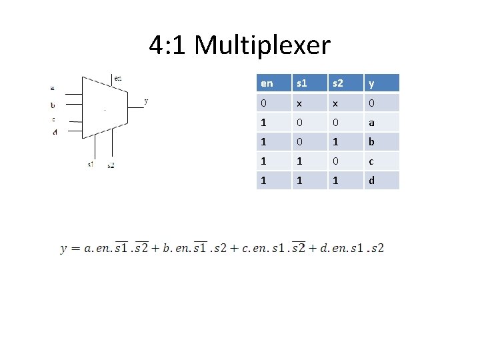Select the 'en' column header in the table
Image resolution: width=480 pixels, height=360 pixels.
coord(273,83)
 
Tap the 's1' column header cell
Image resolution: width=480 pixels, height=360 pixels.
coord(309,83)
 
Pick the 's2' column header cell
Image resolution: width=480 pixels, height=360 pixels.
coord(345,83)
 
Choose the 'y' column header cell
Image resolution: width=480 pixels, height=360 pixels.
coord(381,83)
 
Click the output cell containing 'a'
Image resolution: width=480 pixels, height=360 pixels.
coord(381,123)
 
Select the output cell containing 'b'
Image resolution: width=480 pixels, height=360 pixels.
coord(381,142)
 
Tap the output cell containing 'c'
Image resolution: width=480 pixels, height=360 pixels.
coord(381,161)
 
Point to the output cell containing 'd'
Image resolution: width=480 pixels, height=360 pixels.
coord(381,181)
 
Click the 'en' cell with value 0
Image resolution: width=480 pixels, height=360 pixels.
coord(273,103)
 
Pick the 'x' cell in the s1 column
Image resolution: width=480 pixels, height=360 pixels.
coord(309,103)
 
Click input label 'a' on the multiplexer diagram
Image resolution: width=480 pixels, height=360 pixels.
coord(53,87)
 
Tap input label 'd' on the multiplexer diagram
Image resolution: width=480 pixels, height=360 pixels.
coord(55,132)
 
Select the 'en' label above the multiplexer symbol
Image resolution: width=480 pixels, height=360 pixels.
coord(118,78)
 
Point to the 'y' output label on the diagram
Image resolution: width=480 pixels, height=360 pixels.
coord(146,101)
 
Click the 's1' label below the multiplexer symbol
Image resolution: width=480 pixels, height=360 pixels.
coord(90,164)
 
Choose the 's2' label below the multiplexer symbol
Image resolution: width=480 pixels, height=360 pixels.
coord(111,165)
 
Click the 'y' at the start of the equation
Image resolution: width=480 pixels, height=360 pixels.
coord(64,249)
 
